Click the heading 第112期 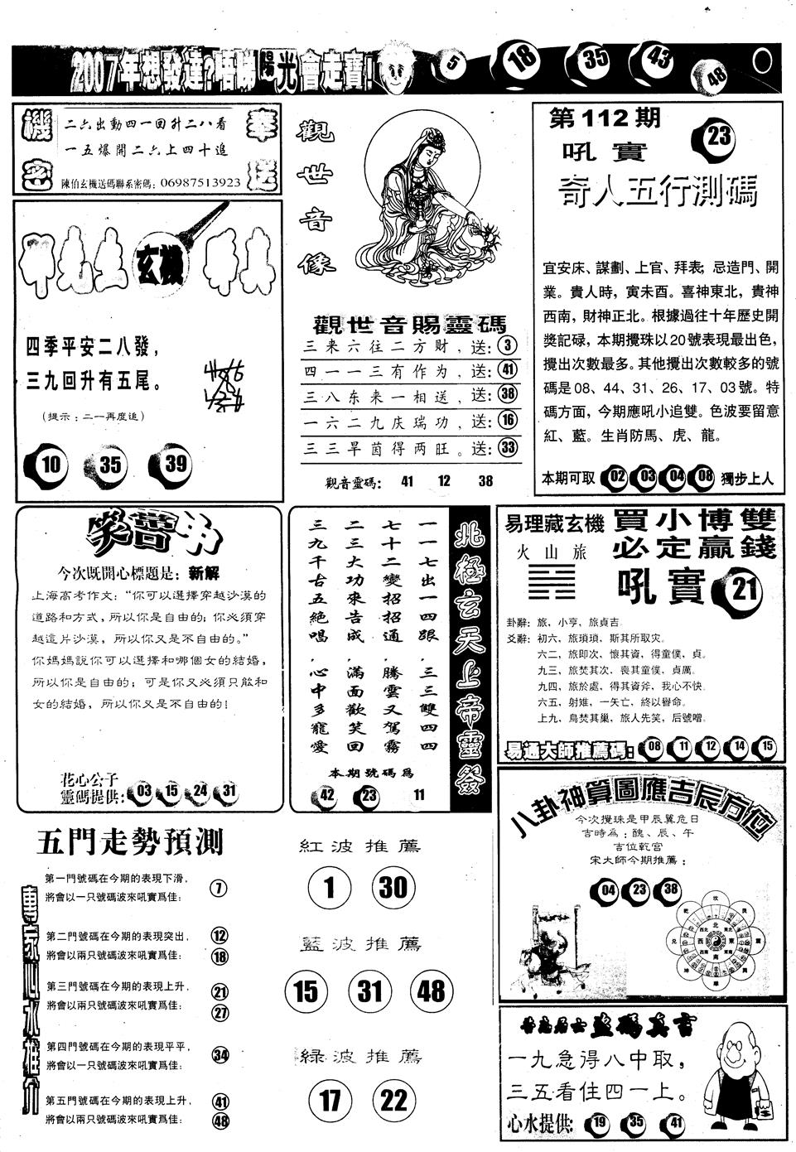coord(605,119)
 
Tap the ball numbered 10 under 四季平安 coord(51,464)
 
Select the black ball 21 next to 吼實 coord(745,590)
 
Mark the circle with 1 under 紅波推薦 coord(329,888)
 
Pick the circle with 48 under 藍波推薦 coord(432,991)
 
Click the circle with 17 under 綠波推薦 coord(330,1100)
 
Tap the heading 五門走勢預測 coord(130,843)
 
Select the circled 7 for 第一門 coord(219,889)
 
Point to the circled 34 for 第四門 coord(220,1055)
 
